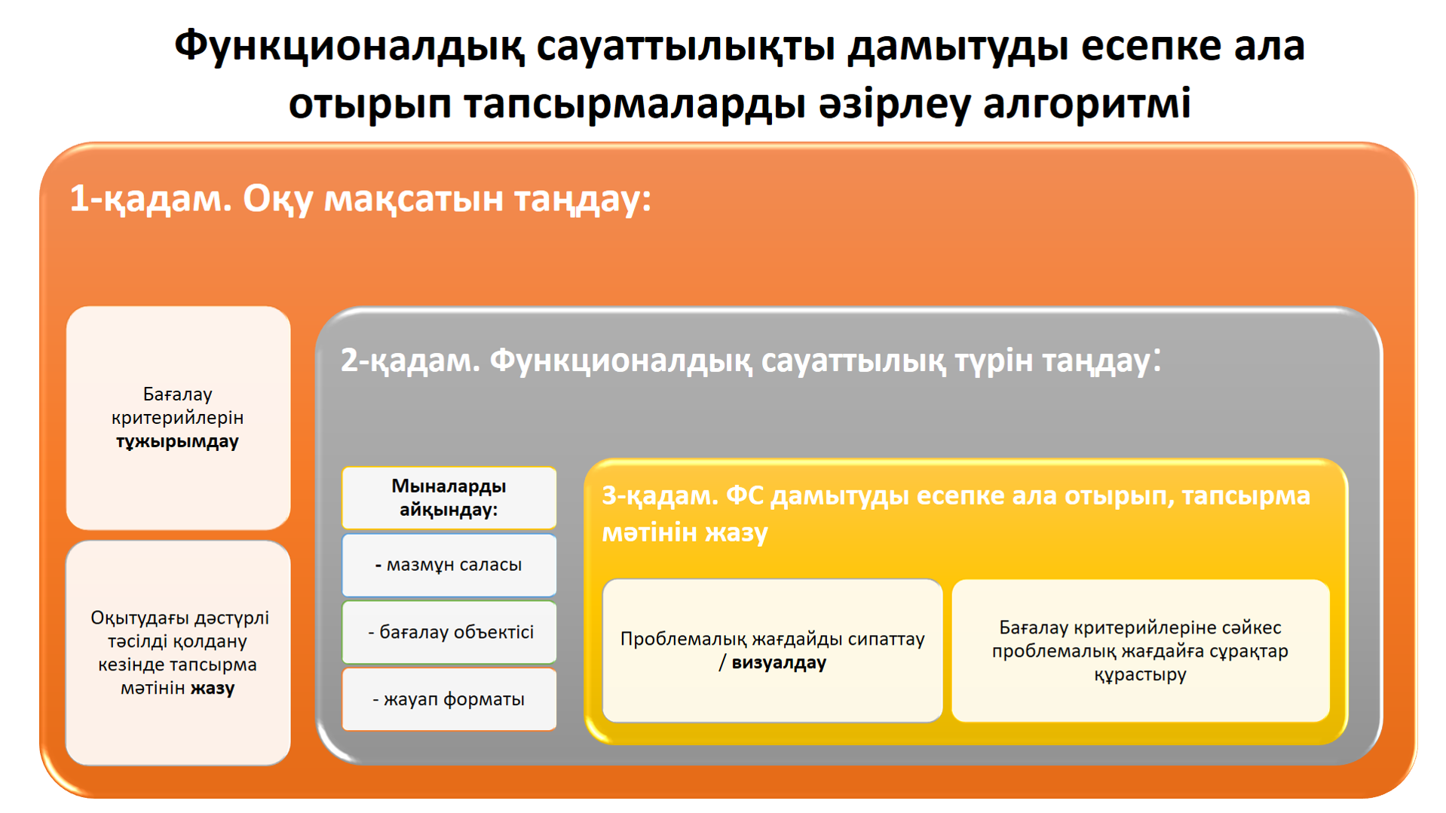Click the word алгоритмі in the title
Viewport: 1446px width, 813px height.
tap(1087, 103)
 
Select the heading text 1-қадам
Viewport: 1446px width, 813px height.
tap(151, 199)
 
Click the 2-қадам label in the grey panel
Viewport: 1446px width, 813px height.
tap(410, 360)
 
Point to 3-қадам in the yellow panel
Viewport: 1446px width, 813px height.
tap(660, 495)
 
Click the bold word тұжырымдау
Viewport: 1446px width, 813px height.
tap(177, 441)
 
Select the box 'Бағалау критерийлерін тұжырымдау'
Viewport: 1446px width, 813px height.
tap(179, 417)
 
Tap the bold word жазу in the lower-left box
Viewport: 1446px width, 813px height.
tap(213, 688)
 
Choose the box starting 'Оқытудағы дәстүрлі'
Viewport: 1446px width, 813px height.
tap(179, 653)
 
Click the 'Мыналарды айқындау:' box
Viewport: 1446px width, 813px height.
tap(449, 498)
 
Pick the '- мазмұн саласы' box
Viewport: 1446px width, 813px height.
tap(449, 565)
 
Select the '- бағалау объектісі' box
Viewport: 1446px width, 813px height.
tap(449, 632)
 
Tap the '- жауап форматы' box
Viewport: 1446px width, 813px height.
tap(449, 699)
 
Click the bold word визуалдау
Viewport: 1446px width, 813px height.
tap(779, 663)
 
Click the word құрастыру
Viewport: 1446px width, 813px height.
tap(1140, 674)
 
